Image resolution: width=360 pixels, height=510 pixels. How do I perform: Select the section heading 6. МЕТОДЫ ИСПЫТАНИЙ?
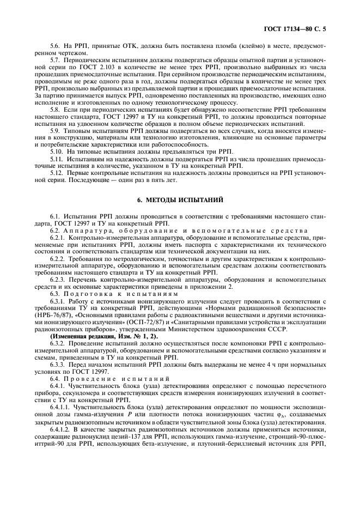[x=180, y=201]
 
